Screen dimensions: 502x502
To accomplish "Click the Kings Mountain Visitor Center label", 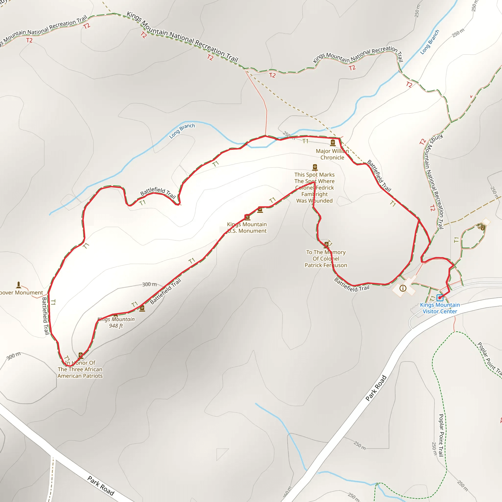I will point(440,308).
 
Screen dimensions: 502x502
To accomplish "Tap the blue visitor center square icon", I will point(440,298).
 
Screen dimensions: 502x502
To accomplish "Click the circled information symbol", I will point(403,288).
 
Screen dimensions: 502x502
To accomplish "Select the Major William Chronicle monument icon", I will point(333,142).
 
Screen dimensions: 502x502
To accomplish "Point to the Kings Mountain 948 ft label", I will point(116,323).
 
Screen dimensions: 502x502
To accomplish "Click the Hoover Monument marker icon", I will point(18,285).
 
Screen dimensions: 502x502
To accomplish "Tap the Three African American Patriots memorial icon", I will point(81,355).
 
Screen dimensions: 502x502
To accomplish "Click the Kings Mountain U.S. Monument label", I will point(247,228).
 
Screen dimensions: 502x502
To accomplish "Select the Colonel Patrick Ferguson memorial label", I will point(326,259).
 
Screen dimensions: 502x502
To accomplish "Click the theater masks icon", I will point(481,227).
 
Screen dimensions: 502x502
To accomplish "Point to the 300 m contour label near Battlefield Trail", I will point(150,284).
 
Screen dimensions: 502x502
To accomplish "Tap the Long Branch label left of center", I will point(182,131).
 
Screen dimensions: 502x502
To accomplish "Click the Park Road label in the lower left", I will point(101,486).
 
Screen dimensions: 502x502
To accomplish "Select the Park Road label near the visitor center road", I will point(376,388).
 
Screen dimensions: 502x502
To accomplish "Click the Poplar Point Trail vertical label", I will point(441,435).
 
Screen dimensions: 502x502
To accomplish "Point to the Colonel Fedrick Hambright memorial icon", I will point(315,167).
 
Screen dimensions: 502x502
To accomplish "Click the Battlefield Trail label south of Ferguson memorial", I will point(351,285).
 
